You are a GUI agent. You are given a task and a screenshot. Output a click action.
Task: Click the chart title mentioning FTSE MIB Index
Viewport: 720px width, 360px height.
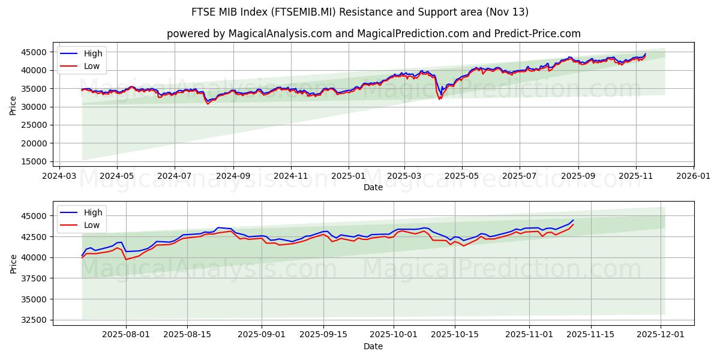[360, 12]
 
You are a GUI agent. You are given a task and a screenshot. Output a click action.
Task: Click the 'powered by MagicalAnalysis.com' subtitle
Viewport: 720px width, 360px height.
[373, 34]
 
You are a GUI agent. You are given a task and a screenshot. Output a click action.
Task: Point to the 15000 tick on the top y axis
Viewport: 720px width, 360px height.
[37, 162]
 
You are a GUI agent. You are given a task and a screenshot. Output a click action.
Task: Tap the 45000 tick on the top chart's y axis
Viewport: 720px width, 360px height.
[37, 52]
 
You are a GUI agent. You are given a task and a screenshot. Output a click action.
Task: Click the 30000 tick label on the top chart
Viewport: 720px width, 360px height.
[37, 107]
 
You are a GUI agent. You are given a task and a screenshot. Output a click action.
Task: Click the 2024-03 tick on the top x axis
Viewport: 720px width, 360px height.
[59, 177]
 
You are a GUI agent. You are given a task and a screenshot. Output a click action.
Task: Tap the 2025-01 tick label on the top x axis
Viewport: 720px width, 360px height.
[348, 177]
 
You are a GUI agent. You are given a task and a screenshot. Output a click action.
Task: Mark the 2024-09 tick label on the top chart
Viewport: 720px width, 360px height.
[233, 177]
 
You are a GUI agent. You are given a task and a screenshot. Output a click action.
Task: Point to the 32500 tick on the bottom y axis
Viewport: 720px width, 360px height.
[37, 320]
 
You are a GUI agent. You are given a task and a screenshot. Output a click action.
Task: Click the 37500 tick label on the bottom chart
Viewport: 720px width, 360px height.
[37, 278]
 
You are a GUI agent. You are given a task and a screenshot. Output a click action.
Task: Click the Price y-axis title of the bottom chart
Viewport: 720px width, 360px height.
[13, 263]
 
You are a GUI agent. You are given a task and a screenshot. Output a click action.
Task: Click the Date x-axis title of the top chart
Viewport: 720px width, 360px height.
[373, 187]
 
